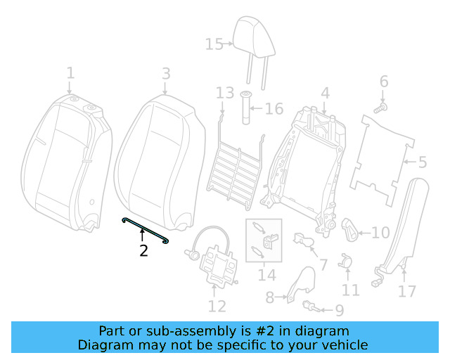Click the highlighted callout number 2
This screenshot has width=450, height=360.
tap(143, 250)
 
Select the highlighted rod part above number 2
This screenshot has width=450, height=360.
tap(146, 231)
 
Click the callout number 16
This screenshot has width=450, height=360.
tap(274, 108)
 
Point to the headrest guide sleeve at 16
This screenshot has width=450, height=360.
tap(247, 108)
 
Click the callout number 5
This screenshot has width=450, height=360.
tap(422, 163)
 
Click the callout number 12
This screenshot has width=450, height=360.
tap(217, 306)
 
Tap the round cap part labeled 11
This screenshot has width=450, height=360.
tap(346, 262)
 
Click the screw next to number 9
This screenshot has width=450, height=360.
tap(310, 306)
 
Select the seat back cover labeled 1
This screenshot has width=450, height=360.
tap(67, 162)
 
